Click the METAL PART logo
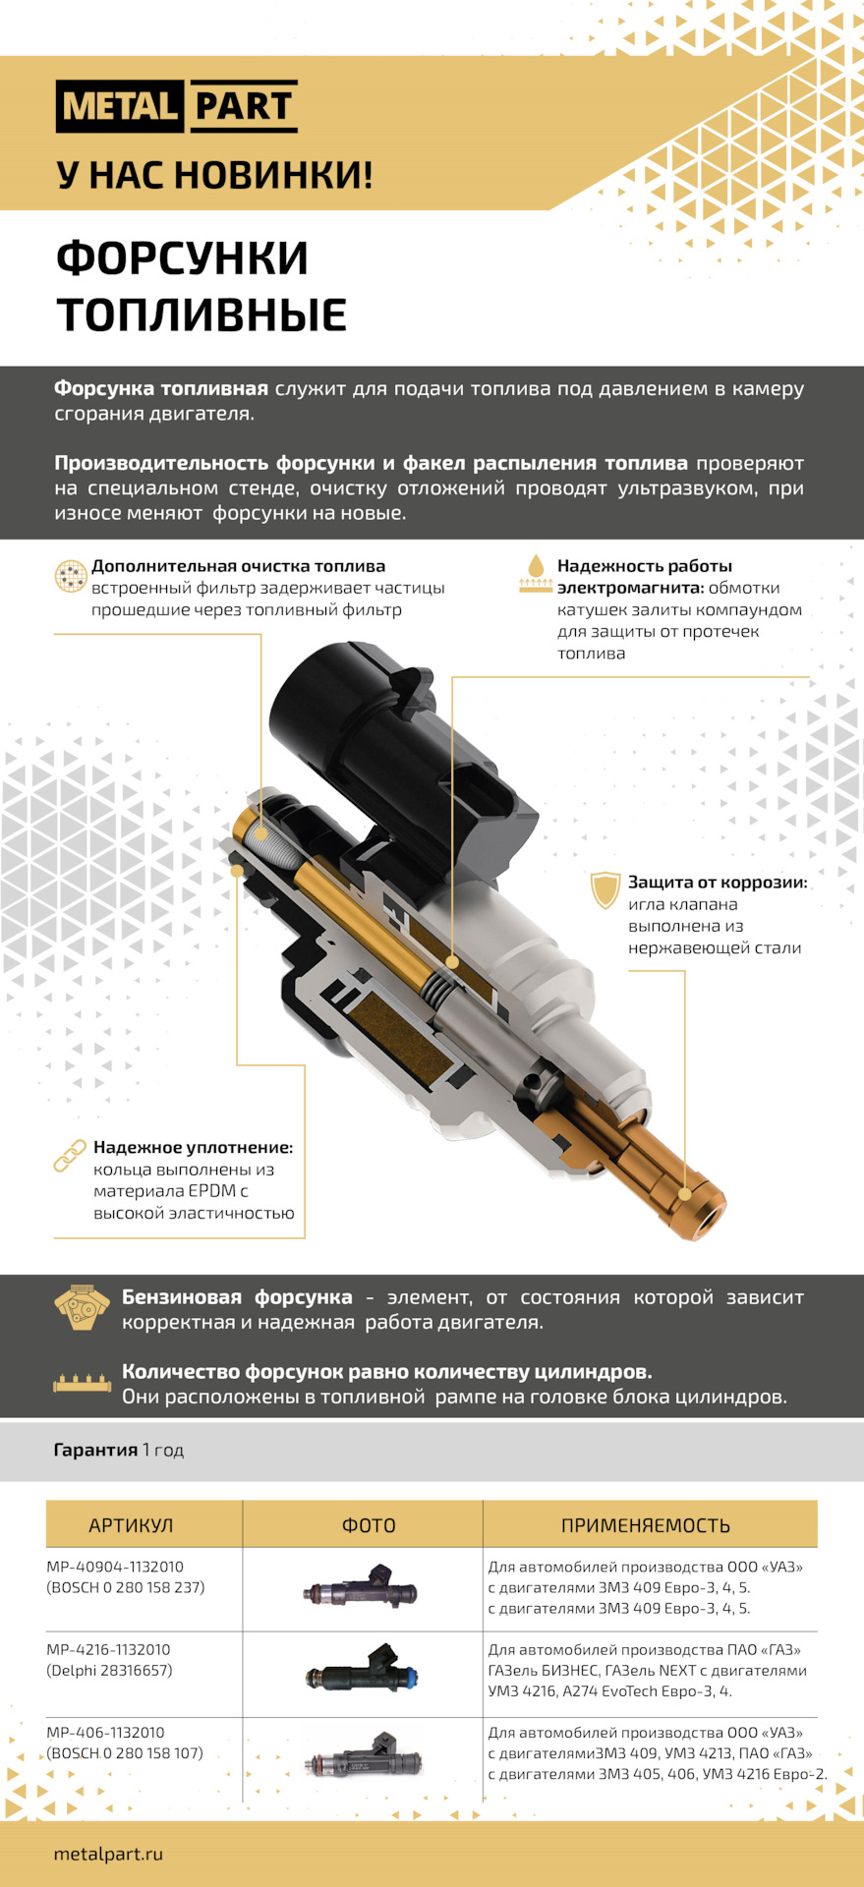pos(177,106)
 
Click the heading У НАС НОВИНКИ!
pos(214,175)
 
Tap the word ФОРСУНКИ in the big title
pos(182,258)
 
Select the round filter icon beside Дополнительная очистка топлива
pos(71,576)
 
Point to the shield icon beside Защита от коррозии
pos(605,889)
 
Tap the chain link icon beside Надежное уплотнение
pos(70,1156)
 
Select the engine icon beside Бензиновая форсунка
pos(82,1307)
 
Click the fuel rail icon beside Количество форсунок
pos(82,1383)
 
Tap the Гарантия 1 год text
pos(119,1450)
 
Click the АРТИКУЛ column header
pos(131,1525)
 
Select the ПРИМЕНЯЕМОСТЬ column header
pos(645,1525)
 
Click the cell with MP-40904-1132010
pos(115,1567)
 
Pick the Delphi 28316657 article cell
pos(109,1670)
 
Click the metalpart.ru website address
pos(108,1855)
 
